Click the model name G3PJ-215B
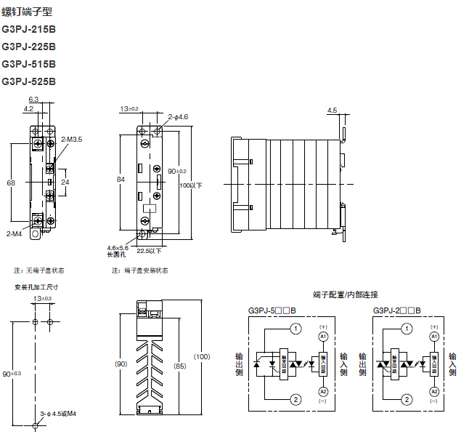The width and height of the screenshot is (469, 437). click(x=29, y=30)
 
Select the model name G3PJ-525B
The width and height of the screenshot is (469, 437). click(x=29, y=82)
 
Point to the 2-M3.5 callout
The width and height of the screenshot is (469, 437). click(x=72, y=138)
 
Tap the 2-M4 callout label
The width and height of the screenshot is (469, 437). click(x=15, y=234)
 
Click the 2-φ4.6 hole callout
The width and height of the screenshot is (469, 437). click(x=179, y=116)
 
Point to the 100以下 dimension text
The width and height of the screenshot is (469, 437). click(x=191, y=185)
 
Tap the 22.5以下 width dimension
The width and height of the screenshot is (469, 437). click(x=150, y=251)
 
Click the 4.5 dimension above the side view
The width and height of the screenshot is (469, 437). click(x=333, y=111)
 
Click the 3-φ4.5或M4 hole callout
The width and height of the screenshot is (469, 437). click(x=59, y=413)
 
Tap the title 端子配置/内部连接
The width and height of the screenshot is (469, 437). click(x=346, y=294)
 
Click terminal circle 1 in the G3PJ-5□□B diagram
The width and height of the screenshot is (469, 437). click(x=295, y=329)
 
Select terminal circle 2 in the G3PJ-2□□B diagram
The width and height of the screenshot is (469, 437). click(x=407, y=398)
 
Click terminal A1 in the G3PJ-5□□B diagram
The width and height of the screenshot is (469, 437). click(x=323, y=336)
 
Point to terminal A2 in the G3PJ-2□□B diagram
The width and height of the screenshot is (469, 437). click(x=434, y=391)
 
